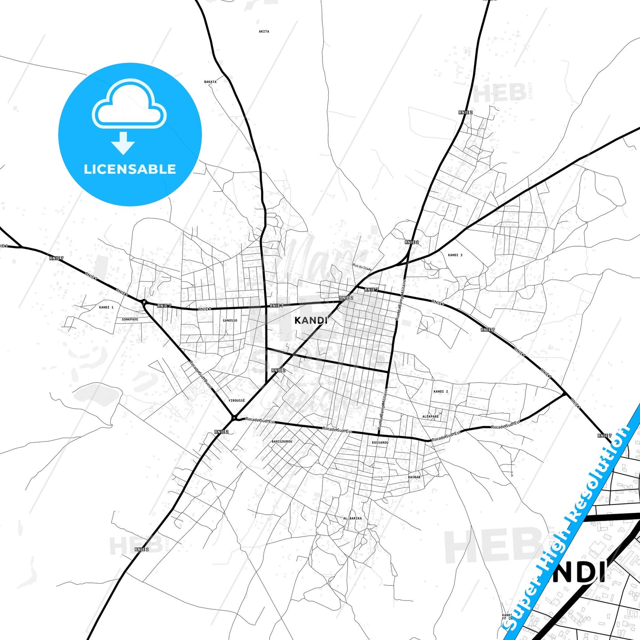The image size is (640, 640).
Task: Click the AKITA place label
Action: [x=264, y=31]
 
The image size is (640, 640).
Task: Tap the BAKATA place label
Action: [x=210, y=82]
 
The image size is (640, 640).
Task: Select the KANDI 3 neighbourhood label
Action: [x=455, y=255]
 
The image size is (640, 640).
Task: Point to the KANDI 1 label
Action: [x=106, y=307]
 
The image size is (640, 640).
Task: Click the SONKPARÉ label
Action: [x=130, y=319]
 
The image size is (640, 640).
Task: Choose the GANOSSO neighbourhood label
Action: [x=230, y=321]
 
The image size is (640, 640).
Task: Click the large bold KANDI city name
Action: [x=311, y=320]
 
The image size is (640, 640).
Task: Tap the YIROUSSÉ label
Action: [x=237, y=400]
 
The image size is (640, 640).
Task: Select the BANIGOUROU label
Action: [x=282, y=442]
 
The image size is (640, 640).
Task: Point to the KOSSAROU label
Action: [x=380, y=442]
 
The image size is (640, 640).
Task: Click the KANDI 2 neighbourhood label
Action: [x=441, y=392]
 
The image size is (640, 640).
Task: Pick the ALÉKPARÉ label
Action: [x=431, y=417]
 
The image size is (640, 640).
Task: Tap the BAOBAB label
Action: [x=414, y=477]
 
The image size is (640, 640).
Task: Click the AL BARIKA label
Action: [x=353, y=518]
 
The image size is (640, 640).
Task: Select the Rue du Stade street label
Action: [x=362, y=267]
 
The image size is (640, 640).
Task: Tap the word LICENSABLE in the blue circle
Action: [x=130, y=169]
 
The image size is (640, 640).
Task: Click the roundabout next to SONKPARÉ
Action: [x=144, y=302]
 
